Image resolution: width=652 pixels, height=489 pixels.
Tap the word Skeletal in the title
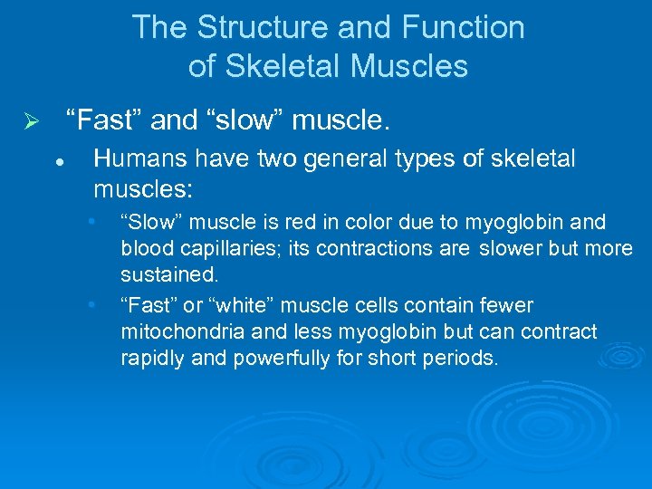[295, 66]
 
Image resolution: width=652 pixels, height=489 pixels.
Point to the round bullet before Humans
[57, 162]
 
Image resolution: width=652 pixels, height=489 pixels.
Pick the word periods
[459, 358]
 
